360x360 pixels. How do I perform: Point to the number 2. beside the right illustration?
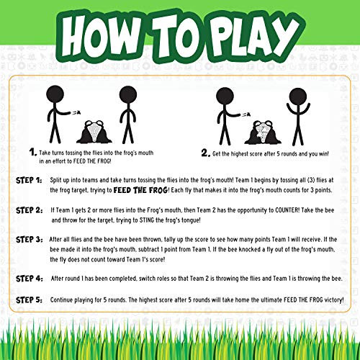(205, 153)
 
